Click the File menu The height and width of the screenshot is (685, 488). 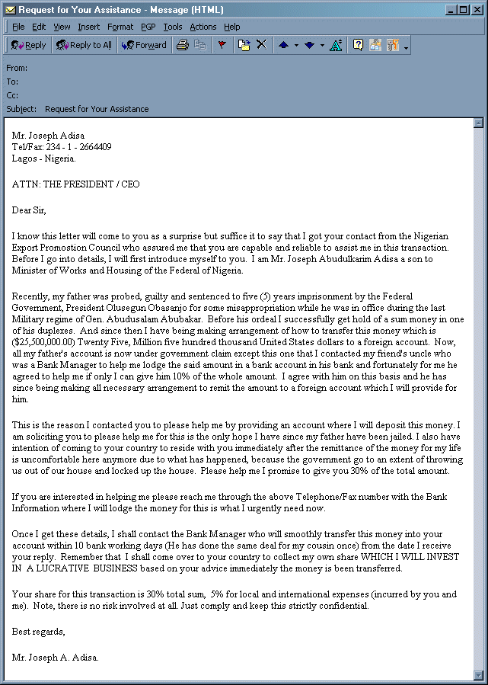pos(18,27)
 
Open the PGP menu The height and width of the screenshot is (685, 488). pos(148,27)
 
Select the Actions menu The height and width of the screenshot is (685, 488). pos(203,27)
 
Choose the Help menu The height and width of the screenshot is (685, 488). pos(231,27)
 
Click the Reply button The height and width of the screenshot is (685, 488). pos(29,45)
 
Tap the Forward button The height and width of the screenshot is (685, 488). pos(144,45)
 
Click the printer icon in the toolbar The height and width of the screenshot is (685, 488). pos(183,45)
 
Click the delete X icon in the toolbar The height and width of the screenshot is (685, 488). pos(261,45)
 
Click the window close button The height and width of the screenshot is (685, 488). pos(477,9)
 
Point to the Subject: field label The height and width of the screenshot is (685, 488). pos(21,109)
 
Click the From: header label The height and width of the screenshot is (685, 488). pos(17,68)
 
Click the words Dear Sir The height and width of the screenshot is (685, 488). pos(29,210)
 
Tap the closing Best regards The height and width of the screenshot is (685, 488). pos(39,632)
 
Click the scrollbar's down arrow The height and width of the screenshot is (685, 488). pos(478,674)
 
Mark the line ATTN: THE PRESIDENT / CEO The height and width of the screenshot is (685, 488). pos(75,184)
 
